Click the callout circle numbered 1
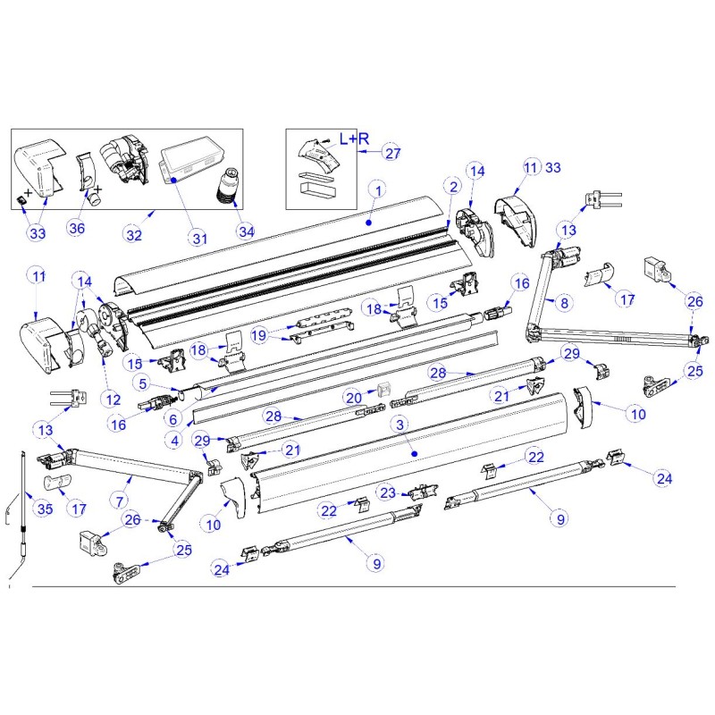378,190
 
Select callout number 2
453,187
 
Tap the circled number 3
401,424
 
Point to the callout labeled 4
176,439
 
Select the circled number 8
563,302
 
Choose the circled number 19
259,335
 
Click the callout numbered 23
387,492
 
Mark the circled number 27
391,153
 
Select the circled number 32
134,235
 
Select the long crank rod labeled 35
22,518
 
